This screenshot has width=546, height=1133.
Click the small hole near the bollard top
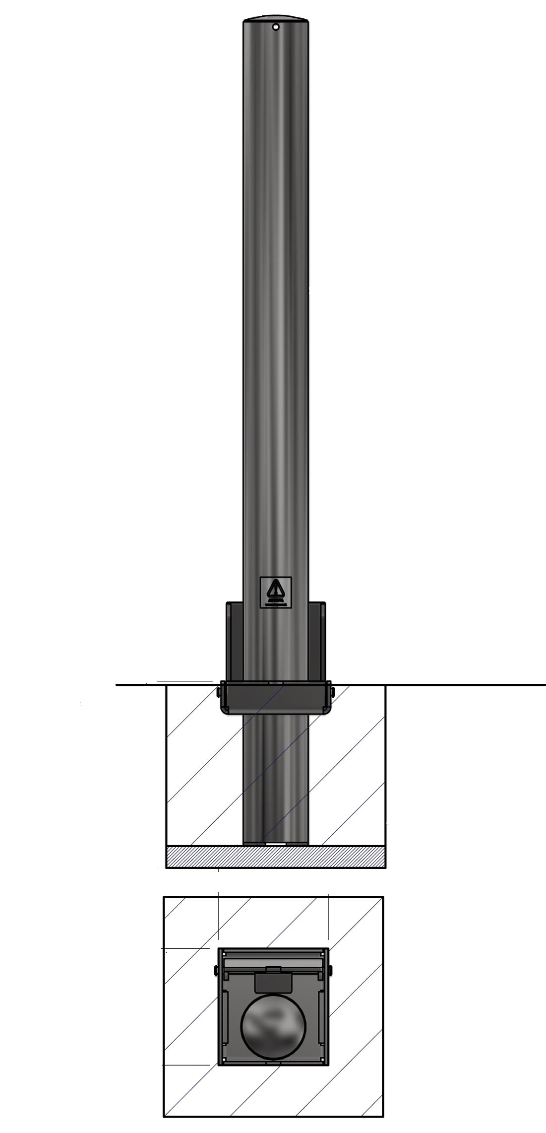click(x=276, y=27)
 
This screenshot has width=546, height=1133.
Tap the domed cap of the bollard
click(x=275, y=18)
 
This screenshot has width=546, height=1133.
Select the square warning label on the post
click(x=276, y=592)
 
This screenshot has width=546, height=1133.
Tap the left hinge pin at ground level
click(x=219, y=691)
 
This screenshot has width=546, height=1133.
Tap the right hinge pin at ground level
click(x=332, y=691)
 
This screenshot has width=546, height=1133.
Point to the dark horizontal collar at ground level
click(x=275, y=697)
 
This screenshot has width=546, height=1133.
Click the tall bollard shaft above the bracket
click(x=275, y=298)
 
